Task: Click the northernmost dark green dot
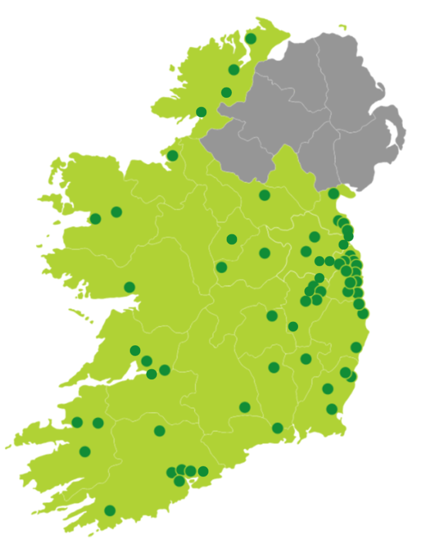click(x=251, y=39)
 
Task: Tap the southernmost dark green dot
click(x=110, y=510)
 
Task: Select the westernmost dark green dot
click(x=77, y=423)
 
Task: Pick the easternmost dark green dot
click(x=363, y=314)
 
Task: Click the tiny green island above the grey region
click(x=342, y=26)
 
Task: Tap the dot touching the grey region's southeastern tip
click(x=334, y=193)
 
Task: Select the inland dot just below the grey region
click(x=265, y=195)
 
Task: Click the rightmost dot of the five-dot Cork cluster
click(x=203, y=471)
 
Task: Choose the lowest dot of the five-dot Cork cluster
click(x=179, y=481)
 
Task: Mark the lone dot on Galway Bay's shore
click(x=130, y=287)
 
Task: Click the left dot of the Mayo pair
click(x=96, y=219)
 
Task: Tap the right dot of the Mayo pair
click(x=116, y=212)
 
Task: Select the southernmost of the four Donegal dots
click(x=201, y=112)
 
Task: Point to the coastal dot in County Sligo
click(x=172, y=156)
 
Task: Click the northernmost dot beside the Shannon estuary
click(x=135, y=351)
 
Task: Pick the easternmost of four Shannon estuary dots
click(x=165, y=370)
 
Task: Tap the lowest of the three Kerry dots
click(x=85, y=451)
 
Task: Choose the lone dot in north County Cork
click(x=160, y=431)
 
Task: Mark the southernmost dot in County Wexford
click(x=332, y=409)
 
